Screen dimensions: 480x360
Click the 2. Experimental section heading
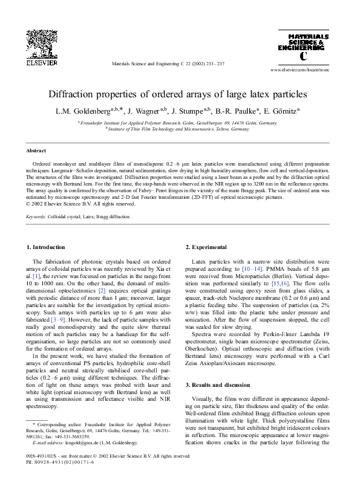coord(206,247)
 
